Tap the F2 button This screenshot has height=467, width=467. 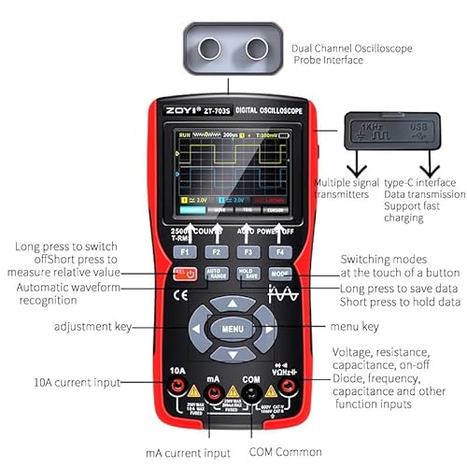coord(216,251)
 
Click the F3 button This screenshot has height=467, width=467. coord(248,251)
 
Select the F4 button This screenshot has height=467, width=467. coord(278,251)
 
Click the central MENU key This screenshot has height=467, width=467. coord(232,329)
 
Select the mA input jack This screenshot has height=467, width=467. coord(215,389)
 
